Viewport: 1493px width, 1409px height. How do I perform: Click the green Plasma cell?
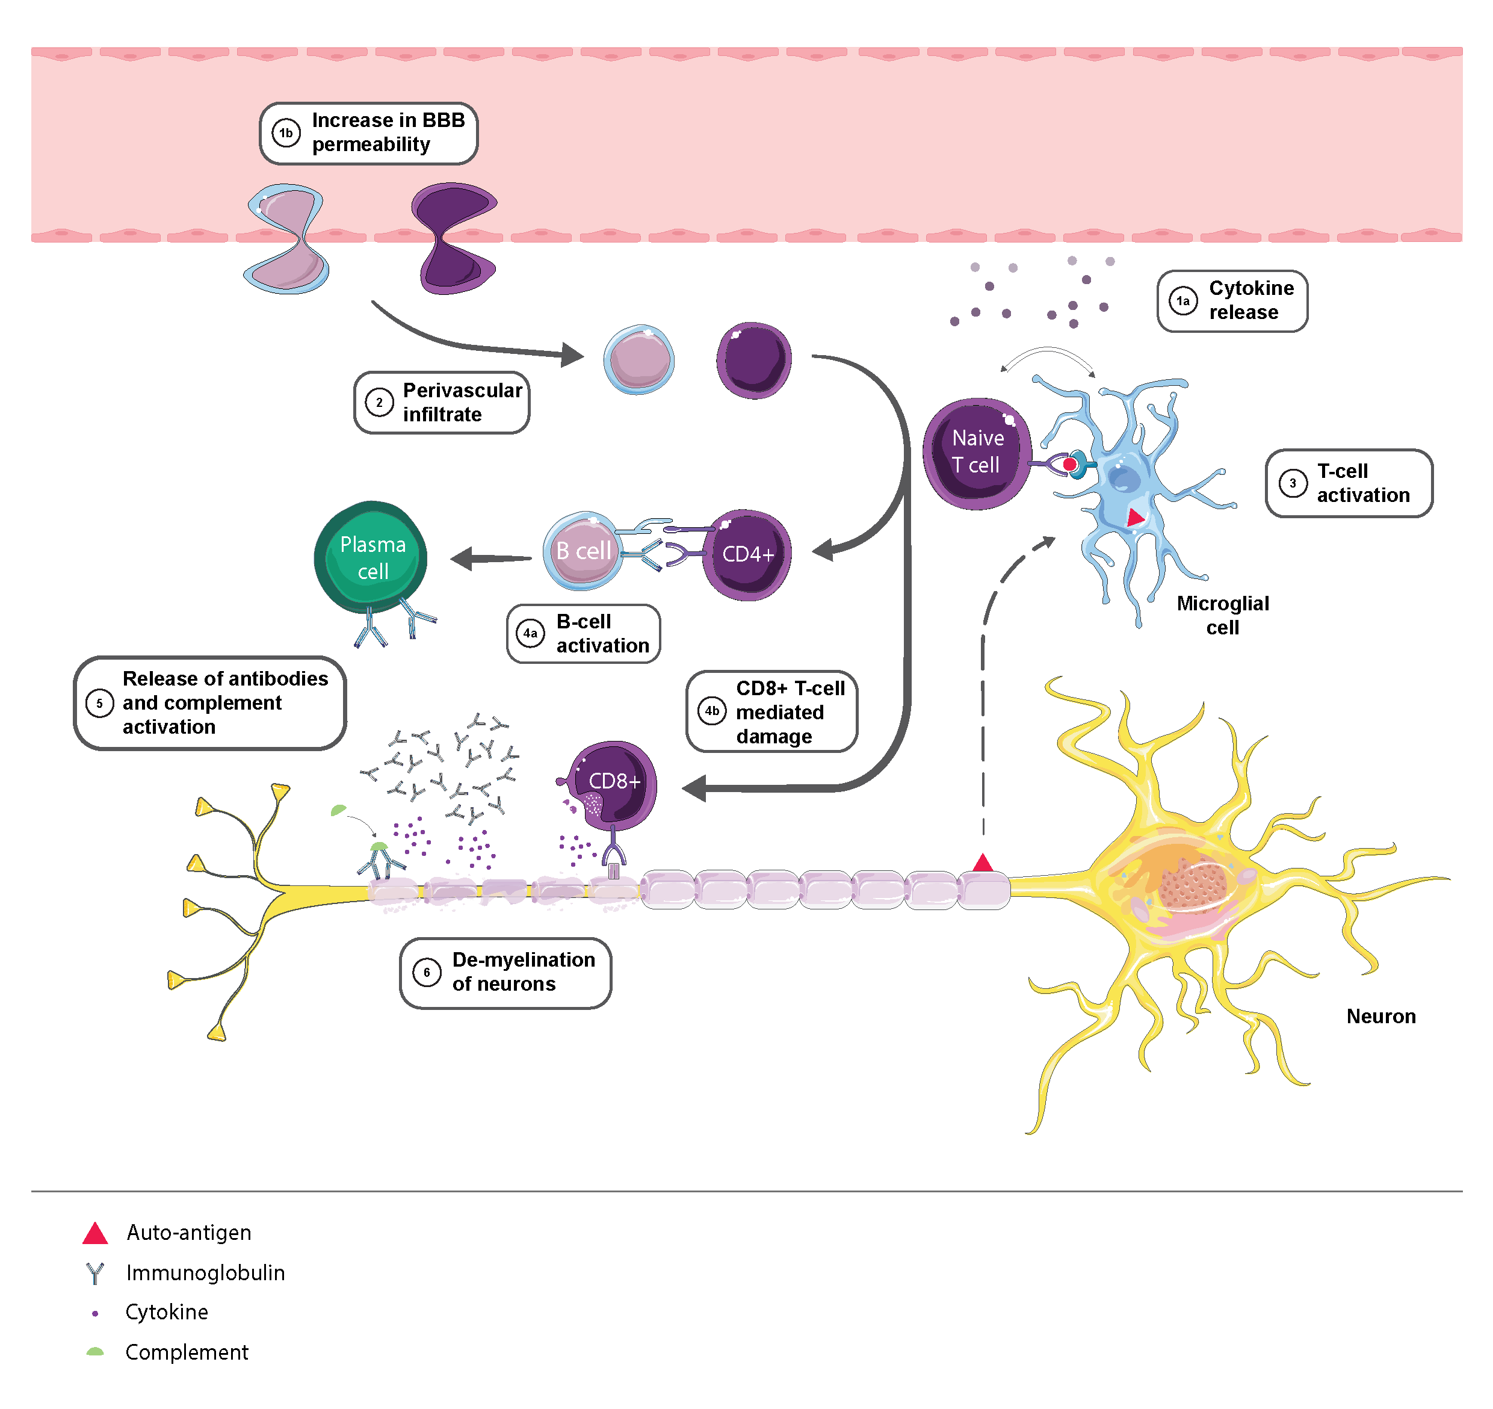pos(371,557)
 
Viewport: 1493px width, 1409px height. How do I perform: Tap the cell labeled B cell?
pos(583,551)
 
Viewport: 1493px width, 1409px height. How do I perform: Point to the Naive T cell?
pos(976,453)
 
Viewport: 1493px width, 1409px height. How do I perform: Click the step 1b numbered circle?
pos(286,133)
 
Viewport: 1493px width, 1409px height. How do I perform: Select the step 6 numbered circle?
pos(427,973)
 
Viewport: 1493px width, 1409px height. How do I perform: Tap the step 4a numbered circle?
pos(530,633)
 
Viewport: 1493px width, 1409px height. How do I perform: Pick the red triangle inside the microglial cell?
pos(1136,517)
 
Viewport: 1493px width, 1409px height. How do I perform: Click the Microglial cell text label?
pos(1223,615)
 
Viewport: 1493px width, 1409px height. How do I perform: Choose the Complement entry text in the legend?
pos(187,1352)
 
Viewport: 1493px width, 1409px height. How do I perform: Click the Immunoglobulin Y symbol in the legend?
pos(94,1273)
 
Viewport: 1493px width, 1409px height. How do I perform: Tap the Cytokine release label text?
pos(1251,300)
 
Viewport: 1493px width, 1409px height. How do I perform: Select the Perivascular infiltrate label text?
pos(462,402)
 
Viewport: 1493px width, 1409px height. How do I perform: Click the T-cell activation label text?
pos(1362,483)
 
